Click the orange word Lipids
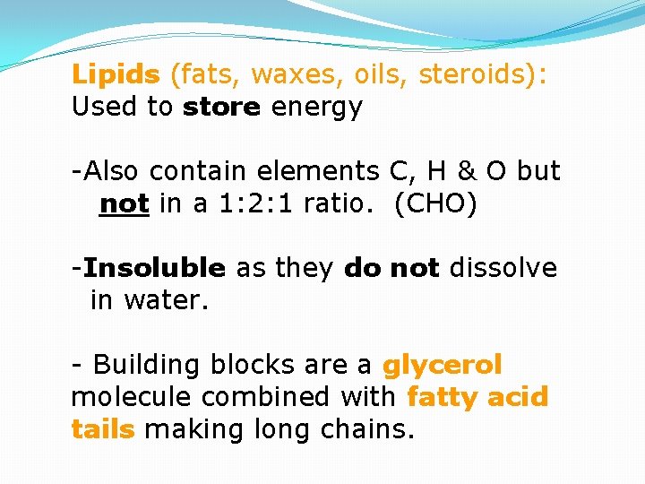point(116,74)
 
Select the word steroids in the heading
point(476,74)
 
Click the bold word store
point(221,107)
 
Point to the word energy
point(317,108)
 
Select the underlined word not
point(124,203)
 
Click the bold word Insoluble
point(155,267)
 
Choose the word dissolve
point(503,267)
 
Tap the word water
point(166,300)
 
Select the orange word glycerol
point(442,365)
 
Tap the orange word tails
point(102,428)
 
